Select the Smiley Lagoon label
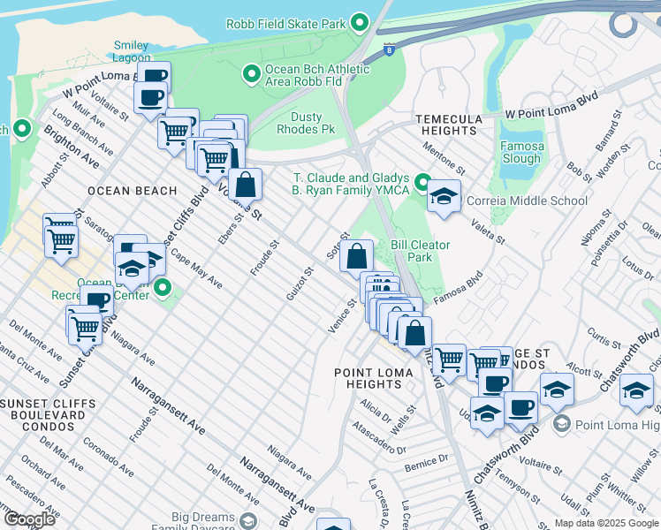tap(131, 53)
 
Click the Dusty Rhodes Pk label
tap(313, 123)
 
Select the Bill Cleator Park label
tap(421, 251)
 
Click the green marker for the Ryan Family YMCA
tap(423, 184)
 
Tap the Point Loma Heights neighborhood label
tap(373, 378)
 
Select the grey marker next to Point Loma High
tap(559, 426)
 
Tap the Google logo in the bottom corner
tap(30, 519)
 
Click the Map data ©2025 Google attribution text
tap(606, 523)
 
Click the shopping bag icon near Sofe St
tap(356, 257)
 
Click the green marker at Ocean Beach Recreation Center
tap(163, 288)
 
